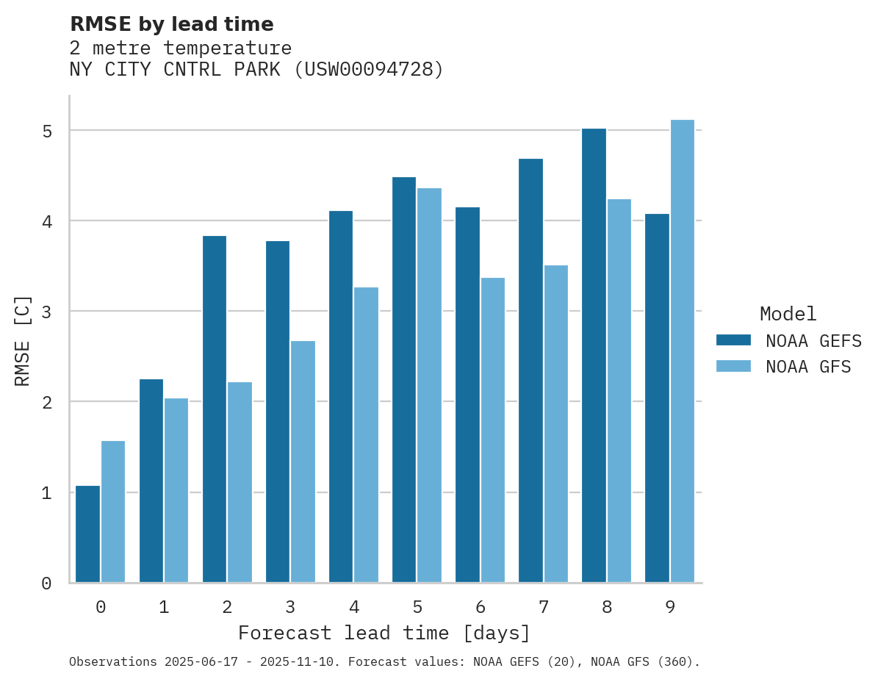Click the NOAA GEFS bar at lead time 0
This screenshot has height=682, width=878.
87,534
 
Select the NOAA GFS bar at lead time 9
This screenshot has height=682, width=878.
683,351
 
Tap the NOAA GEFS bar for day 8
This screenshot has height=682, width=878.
594,356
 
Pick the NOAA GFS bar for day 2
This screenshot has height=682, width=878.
240,482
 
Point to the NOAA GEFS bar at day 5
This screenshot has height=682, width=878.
404,380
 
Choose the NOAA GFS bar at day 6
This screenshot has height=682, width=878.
492,430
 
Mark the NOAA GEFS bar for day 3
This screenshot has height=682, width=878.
278,412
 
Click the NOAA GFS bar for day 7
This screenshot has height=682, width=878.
555,424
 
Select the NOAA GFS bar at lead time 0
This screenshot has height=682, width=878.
113,511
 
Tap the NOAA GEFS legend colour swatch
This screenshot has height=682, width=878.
733,340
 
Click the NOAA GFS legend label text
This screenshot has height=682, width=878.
808,367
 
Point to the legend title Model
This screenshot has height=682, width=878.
788,315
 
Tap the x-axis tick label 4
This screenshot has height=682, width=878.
354,608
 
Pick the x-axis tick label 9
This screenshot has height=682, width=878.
670,608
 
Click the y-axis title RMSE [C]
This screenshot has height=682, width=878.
24,340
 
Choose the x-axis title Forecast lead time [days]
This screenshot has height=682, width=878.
384,633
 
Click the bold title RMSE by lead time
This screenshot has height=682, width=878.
172,25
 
